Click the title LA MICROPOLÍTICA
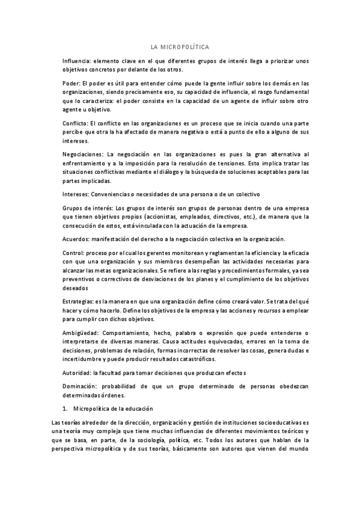click(x=180, y=47)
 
